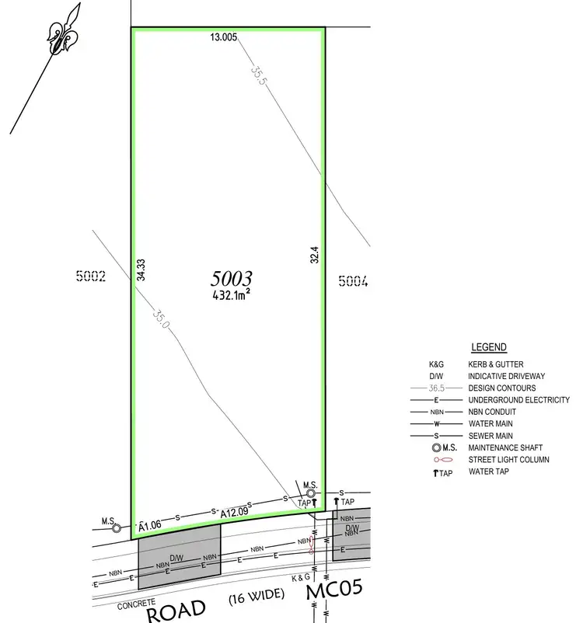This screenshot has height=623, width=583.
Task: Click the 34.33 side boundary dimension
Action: click(141, 270)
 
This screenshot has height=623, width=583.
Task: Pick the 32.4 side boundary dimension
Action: click(315, 256)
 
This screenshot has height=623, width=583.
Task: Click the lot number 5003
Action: click(232, 279)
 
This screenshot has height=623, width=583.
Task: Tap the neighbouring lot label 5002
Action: click(91, 275)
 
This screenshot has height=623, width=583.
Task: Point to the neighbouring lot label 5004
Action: click(352, 281)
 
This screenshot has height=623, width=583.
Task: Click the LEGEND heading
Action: click(489, 347)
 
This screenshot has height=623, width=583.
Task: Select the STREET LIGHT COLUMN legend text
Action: click(508, 460)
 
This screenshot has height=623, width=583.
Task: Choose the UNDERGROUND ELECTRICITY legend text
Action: click(518, 400)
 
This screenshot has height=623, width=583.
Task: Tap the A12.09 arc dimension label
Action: click(234, 513)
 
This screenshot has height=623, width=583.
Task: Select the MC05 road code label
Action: click(334, 592)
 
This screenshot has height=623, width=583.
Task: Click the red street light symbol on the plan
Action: click(312, 543)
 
